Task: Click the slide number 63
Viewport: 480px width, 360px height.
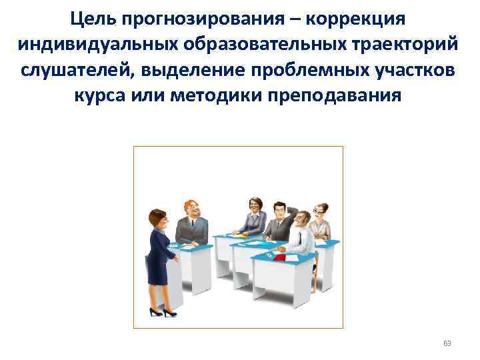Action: point(447,344)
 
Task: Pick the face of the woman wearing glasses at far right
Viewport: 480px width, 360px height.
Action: point(321,211)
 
